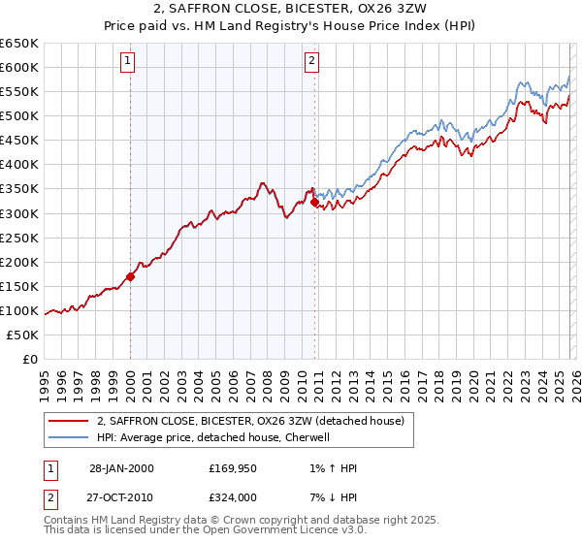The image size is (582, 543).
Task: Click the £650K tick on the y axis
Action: click(19, 44)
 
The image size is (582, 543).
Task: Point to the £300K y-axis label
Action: click(19, 213)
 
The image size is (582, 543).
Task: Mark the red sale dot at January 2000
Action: click(131, 276)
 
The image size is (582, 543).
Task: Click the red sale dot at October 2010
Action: click(314, 202)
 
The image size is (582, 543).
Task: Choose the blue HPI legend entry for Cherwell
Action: click(213, 437)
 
